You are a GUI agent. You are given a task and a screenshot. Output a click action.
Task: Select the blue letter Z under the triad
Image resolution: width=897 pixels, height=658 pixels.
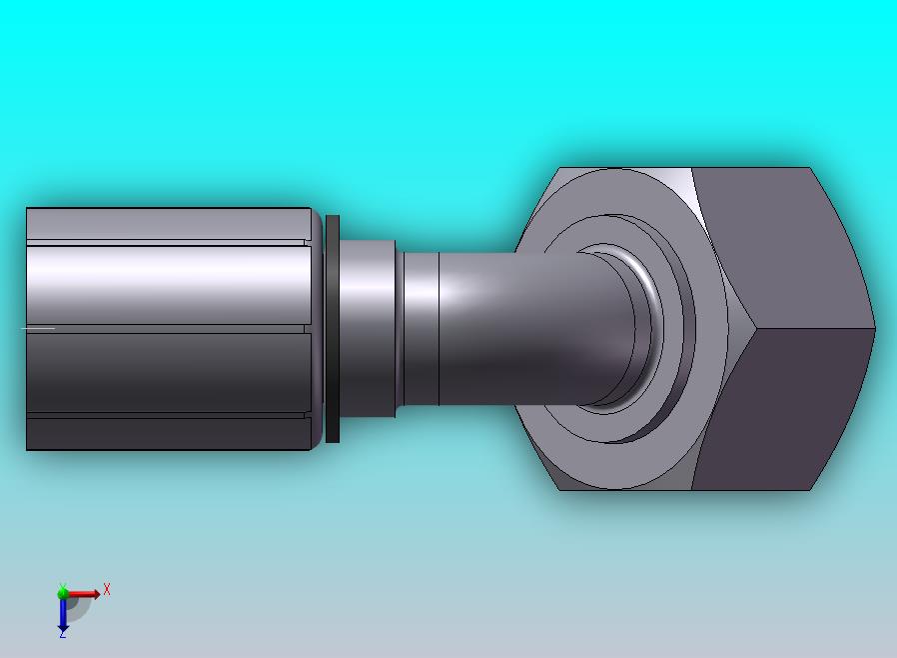tap(62, 634)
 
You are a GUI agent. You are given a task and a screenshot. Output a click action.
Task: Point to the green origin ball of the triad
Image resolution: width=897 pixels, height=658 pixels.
tap(63, 593)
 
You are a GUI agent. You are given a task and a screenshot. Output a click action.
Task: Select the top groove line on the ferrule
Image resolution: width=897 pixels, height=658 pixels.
tap(165, 242)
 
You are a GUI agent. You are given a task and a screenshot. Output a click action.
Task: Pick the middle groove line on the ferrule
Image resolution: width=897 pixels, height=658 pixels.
tap(165, 328)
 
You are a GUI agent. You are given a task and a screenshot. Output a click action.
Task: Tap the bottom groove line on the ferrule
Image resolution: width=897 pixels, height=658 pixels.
tap(165, 415)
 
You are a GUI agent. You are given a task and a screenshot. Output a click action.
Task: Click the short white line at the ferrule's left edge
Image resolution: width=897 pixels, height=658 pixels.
tap(38, 328)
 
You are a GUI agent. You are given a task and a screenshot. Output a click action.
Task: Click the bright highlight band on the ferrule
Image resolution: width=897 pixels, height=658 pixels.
tap(165, 280)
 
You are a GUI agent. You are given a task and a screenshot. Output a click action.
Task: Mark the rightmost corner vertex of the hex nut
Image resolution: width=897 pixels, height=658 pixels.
tap(875, 328)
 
